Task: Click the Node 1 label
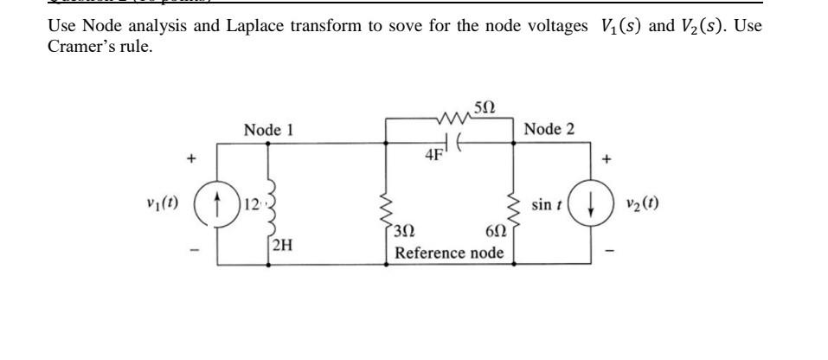click(269, 130)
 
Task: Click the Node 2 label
click(549, 130)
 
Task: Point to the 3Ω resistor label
click(405, 233)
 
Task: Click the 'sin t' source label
click(547, 205)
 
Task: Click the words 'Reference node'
click(448, 253)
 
